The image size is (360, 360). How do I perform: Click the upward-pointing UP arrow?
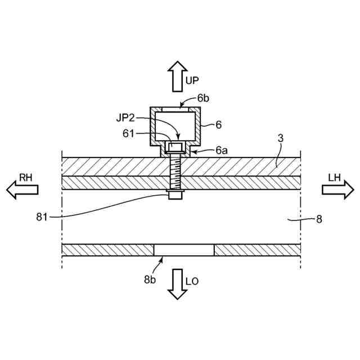(175, 76)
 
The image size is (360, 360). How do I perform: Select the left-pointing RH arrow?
(22, 190)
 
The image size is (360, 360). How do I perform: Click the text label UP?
(193, 81)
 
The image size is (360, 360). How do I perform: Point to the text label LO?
(192, 281)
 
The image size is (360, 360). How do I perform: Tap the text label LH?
(335, 177)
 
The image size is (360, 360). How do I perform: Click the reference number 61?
(129, 134)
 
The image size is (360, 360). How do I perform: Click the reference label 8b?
(150, 278)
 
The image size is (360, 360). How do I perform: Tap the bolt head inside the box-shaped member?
(175, 148)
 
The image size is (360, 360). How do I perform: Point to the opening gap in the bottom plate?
(184, 250)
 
